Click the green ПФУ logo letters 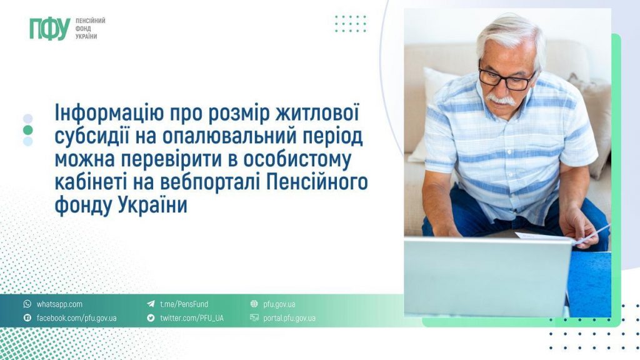(x=49, y=29)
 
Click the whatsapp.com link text (x=59, y=304)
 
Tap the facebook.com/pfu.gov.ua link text (x=76, y=318)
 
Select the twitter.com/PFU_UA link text (x=191, y=318)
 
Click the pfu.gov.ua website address (x=279, y=304)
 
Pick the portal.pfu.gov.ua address (x=289, y=318)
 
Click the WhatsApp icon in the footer (x=27, y=304)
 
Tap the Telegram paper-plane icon (x=151, y=304)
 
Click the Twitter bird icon (x=151, y=318)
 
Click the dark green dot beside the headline (x=27, y=130)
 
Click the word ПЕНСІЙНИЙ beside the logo (x=90, y=21)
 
